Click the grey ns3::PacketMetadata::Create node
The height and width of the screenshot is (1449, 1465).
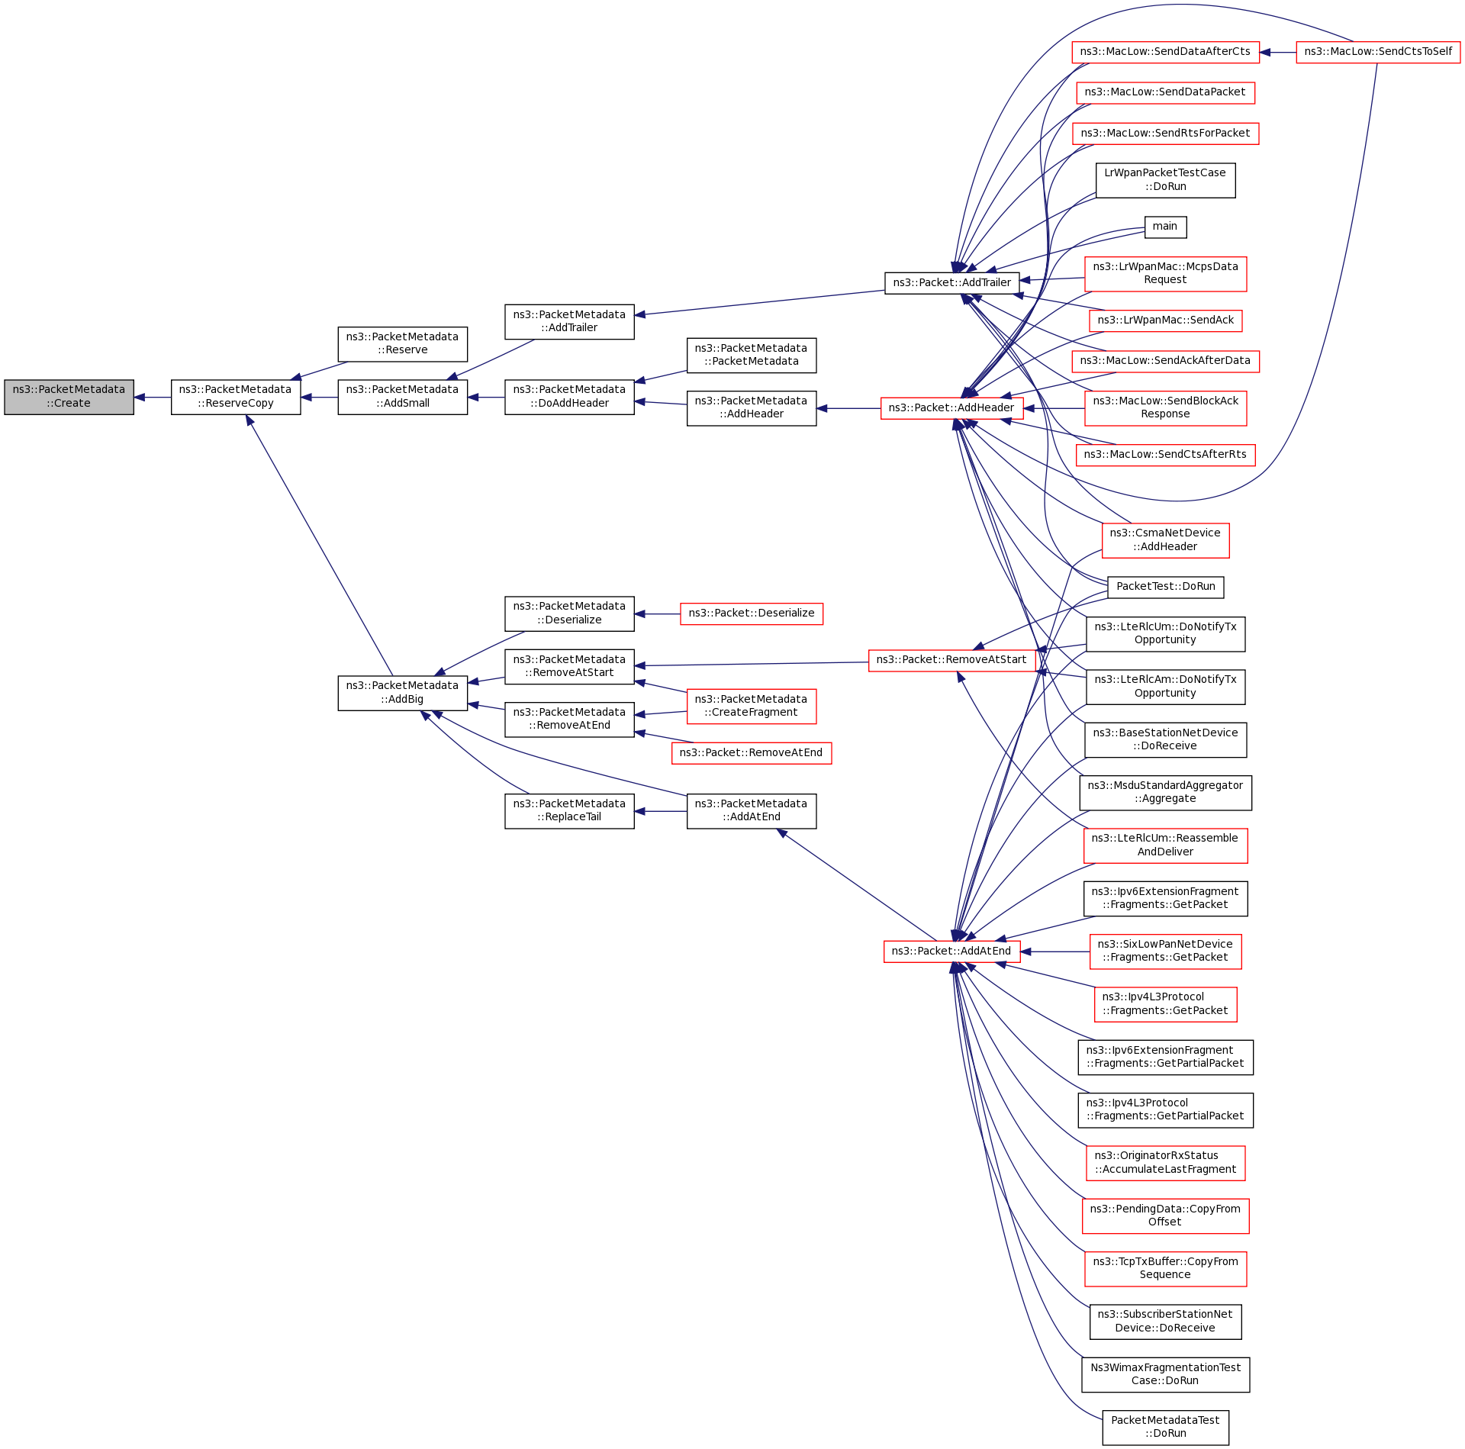pos(69,397)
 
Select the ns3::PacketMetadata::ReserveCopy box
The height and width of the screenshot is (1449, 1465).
pos(235,397)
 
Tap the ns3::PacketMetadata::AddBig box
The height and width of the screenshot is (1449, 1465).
pos(402,693)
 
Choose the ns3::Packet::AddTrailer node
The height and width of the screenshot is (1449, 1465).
pos(951,283)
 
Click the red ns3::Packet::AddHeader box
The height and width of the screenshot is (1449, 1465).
pos(951,408)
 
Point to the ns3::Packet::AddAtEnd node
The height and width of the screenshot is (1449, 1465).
pos(951,952)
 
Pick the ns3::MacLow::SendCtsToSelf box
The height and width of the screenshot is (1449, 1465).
pos(1378,52)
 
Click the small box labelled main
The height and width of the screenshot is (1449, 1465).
pos(1165,227)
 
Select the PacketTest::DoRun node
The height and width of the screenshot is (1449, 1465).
pos(1165,587)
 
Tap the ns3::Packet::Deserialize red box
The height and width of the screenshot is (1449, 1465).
pos(751,613)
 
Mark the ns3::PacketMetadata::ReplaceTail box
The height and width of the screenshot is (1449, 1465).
pos(569,810)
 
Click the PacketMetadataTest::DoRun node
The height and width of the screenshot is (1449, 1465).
pos(1165,1427)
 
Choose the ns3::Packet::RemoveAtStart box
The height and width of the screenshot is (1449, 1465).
pos(951,660)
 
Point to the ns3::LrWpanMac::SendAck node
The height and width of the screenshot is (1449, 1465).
pos(1165,320)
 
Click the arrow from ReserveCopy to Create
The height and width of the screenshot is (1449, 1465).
pos(153,398)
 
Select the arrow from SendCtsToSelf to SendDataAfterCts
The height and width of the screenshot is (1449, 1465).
pos(1278,52)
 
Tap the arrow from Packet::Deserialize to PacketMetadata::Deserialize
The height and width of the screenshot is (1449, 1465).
pos(657,613)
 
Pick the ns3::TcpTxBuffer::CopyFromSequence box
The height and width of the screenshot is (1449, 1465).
pos(1165,1268)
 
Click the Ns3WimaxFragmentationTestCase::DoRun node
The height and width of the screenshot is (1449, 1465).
pos(1165,1374)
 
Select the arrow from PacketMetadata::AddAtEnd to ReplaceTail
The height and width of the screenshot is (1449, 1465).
pos(661,811)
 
